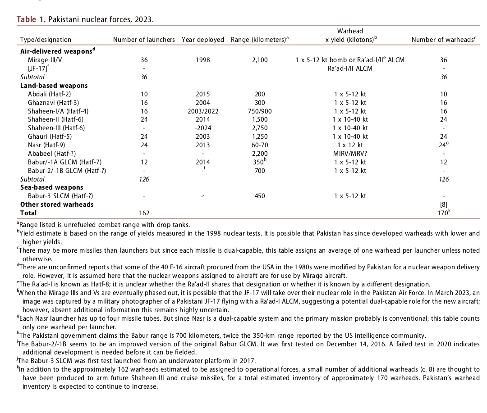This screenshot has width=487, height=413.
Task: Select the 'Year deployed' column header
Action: pos(202,40)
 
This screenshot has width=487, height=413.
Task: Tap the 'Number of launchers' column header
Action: pos(144,40)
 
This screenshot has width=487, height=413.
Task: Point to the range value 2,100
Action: pos(259,60)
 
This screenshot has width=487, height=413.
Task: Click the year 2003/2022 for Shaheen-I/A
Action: pos(202,111)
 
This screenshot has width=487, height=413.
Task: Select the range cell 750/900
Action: pos(259,111)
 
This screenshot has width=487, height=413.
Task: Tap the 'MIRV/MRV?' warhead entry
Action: pos(350,154)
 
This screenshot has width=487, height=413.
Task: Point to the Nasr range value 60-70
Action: pos(259,145)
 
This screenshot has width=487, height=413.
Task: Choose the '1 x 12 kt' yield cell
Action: pos(350,145)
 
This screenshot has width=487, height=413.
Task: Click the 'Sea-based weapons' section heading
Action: pos(51,187)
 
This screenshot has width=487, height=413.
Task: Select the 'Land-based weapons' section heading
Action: pos(54,86)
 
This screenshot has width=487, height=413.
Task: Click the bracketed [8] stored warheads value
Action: pos(444,204)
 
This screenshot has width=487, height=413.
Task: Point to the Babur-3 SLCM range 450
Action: pos(259,196)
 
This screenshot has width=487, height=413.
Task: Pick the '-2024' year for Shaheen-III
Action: pos(202,128)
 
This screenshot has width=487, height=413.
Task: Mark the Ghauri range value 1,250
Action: pos(259,136)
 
